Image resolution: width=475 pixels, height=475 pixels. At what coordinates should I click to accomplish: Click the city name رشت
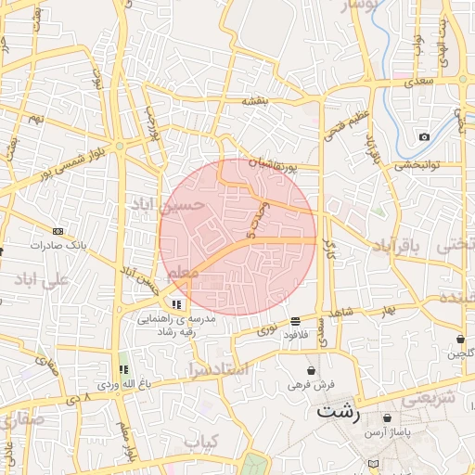(x=339, y=411)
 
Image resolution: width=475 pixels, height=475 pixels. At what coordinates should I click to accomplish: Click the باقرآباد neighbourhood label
(x=396, y=245)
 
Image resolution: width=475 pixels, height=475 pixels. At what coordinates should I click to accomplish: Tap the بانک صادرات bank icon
(x=58, y=231)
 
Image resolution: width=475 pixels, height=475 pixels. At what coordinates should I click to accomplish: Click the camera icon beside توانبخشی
(x=424, y=137)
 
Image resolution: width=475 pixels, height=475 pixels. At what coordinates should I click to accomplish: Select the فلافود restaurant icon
(x=295, y=319)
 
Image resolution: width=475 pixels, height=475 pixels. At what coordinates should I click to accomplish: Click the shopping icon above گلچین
(x=461, y=339)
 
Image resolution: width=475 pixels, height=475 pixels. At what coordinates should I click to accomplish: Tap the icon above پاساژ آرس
(x=387, y=417)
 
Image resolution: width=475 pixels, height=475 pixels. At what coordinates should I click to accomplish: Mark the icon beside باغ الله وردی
(x=123, y=369)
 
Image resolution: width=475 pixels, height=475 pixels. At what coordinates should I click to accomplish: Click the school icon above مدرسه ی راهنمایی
(x=176, y=303)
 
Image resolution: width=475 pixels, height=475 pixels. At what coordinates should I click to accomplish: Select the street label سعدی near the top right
(x=419, y=82)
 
